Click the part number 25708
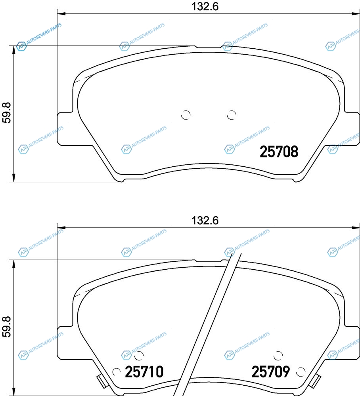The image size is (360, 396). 279,152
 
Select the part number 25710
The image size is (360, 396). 144,371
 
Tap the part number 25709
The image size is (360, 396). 270,371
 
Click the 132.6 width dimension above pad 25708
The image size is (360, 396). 205,6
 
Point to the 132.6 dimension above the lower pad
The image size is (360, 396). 205,221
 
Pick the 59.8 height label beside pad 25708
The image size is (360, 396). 7,112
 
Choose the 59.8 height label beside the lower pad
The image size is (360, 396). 7,327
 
